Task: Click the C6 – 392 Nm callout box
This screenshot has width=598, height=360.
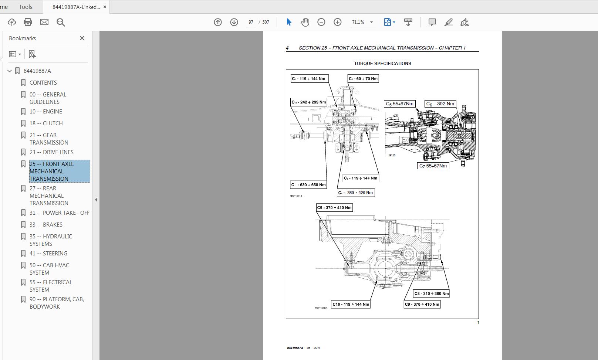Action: (x=440, y=104)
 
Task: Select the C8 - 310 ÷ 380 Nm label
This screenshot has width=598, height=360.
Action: (x=431, y=293)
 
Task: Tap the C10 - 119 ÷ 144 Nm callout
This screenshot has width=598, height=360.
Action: (x=351, y=304)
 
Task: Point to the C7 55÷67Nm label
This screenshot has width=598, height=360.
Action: (x=433, y=166)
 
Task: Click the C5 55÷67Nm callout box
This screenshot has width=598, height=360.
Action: (x=399, y=104)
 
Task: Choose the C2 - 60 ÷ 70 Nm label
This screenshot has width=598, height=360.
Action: (x=363, y=79)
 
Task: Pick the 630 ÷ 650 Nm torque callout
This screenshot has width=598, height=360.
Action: (x=308, y=185)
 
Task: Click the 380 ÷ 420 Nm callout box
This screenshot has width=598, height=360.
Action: (x=356, y=193)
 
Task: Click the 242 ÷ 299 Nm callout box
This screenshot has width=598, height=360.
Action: (x=309, y=102)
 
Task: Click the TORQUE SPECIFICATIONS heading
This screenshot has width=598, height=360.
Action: (x=382, y=64)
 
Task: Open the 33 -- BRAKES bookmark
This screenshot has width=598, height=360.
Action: (x=46, y=225)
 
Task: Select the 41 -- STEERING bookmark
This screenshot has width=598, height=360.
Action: (x=48, y=254)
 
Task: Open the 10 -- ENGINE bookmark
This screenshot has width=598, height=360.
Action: (x=45, y=112)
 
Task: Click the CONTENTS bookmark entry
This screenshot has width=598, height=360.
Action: (x=43, y=83)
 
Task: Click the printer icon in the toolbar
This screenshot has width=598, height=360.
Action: (x=28, y=22)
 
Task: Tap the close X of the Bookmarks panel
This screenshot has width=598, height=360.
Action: (x=82, y=38)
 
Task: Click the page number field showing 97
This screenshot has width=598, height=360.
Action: (x=251, y=22)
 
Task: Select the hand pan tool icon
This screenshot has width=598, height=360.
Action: (x=305, y=22)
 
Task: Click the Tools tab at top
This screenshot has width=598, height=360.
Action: (x=26, y=7)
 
